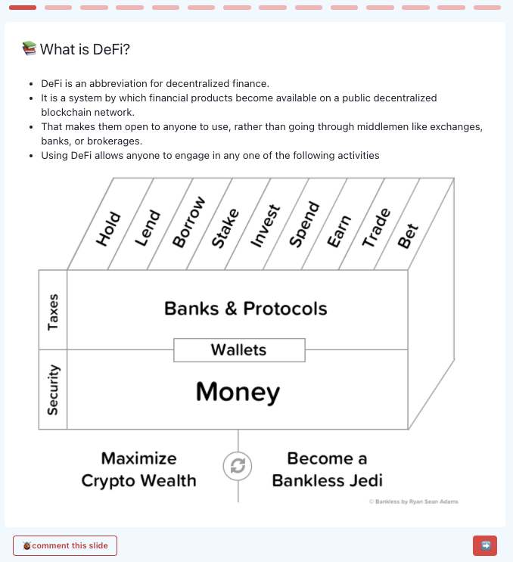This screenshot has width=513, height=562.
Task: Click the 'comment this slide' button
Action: (x=65, y=545)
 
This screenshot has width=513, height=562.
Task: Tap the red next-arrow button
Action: (x=485, y=545)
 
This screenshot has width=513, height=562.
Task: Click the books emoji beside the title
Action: (x=29, y=49)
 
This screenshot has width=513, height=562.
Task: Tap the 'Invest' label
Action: (x=265, y=225)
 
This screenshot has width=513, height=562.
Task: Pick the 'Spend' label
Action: (x=304, y=225)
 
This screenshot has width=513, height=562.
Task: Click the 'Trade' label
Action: (x=375, y=227)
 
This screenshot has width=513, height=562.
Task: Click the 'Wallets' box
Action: (x=238, y=349)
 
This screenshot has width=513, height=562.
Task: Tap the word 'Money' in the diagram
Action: (x=238, y=392)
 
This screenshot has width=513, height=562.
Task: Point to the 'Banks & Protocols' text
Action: (x=245, y=309)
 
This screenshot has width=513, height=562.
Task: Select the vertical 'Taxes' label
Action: (x=53, y=311)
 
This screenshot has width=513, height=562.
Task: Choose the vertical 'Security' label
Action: (x=53, y=390)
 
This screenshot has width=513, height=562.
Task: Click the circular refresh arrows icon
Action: (x=238, y=467)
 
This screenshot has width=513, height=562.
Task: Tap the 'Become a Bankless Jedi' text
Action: (x=327, y=469)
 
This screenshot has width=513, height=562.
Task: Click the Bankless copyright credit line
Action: (x=413, y=501)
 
